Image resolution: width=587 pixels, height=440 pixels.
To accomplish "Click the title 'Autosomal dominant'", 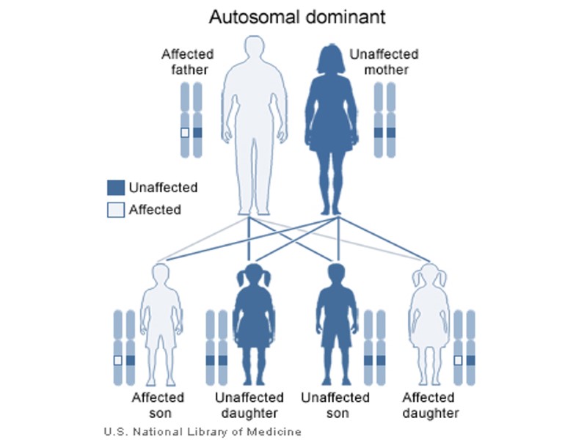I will pyautogui.click(x=293, y=15).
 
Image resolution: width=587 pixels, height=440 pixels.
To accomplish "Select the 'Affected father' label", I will pyautogui.click(x=187, y=62).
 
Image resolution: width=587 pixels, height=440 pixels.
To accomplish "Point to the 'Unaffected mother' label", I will pyautogui.click(x=384, y=62).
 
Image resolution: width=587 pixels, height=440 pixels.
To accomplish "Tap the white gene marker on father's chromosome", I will pyautogui.click(x=185, y=133).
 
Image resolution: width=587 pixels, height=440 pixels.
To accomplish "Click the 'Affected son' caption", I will pyautogui.click(x=158, y=405).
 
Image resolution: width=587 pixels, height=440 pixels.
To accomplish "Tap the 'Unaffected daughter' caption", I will pyautogui.click(x=249, y=405).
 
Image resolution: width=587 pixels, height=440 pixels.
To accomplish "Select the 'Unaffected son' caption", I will pyautogui.click(x=335, y=405).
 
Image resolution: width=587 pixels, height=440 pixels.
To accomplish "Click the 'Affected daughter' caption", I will pyautogui.click(x=431, y=405).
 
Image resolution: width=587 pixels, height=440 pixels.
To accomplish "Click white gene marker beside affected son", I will pyautogui.click(x=118, y=360).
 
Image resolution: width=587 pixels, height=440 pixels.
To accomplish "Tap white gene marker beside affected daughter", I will pyautogui.click(x=458, y=360).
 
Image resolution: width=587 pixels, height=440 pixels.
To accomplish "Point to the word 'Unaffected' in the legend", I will pyautogui.click(x=163, y=188).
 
